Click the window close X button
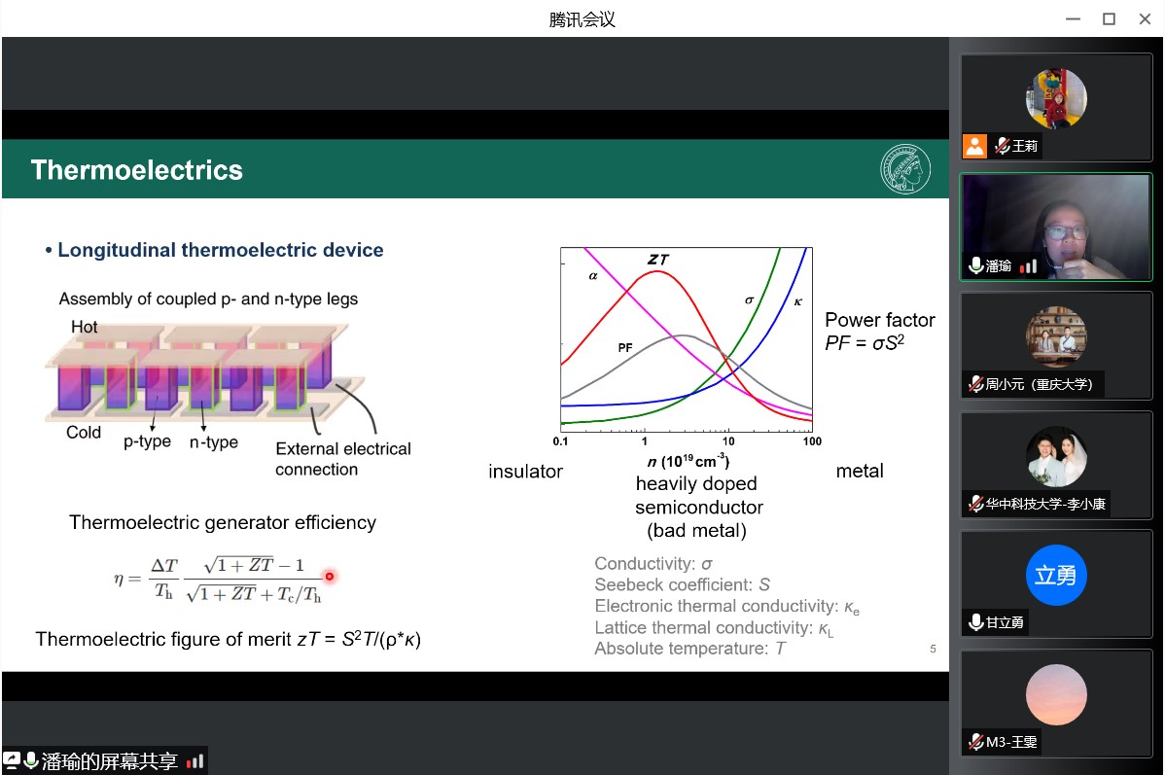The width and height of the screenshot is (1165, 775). click(1145, 19)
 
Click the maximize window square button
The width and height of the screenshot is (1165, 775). click(1109, 19)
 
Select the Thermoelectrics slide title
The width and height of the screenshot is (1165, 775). click(137, 170)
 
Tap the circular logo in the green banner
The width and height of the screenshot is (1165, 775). click(905, 168)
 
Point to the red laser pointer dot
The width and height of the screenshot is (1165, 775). click(329, 576)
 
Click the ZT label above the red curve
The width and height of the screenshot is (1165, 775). click(657, 260)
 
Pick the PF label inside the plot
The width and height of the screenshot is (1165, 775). click(625, 347)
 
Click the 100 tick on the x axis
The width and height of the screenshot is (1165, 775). click(812, 441)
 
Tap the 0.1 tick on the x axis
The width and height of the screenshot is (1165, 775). click(560, 441)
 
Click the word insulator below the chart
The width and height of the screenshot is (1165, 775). click(525, 471)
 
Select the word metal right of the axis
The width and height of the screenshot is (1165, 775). click(860, 471)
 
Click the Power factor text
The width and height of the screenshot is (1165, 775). click(880, 320)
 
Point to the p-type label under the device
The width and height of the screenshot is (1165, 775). click(147, 441)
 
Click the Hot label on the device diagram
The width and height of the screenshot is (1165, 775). click(84, 327)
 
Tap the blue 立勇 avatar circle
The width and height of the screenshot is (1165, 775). click(1056, 575)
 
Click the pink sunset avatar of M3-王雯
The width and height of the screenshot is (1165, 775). click(1056, 694)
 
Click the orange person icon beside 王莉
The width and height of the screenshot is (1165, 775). click(974, 146)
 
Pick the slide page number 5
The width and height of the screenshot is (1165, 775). click(934, 649)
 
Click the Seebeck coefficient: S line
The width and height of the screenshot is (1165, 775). click(682, 584)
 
